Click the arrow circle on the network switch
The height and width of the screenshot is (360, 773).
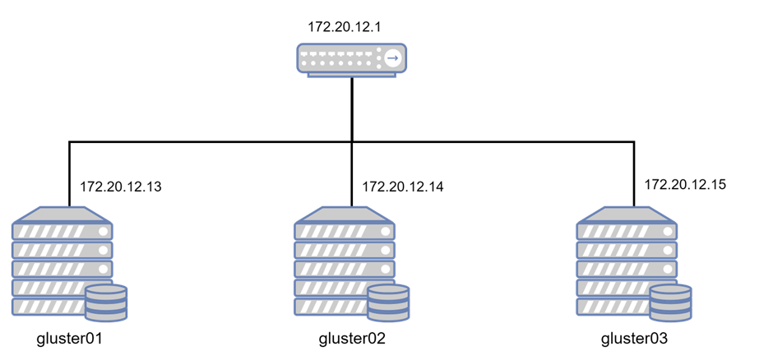[x=392, y=58]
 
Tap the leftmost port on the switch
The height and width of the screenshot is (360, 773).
[x=303, y=55]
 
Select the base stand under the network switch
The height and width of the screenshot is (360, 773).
[x=351, y=76]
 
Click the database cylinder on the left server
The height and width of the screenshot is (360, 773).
[x=106, y=303]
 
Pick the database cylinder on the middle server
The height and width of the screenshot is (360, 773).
[x=388, y=303]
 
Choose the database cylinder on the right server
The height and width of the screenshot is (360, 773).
[x=670, y=303]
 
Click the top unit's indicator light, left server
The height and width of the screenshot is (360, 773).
[x=104, y=232]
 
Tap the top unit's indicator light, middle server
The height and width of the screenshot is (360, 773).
[x=386, y=232]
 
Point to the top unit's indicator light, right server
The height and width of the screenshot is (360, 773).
[x=668, y=232]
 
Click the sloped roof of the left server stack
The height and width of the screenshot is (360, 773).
[x=62, y=215]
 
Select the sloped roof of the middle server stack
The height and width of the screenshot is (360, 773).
[x=344, y=215]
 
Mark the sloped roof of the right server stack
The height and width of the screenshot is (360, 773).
[x=626, y=215]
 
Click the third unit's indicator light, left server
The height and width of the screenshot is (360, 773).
[x=104, y=269]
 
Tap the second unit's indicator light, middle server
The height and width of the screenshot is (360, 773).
[x=386, y=250]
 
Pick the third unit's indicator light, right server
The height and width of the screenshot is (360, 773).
[x=668, y=269]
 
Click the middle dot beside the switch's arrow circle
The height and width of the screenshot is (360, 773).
[x=378, y=58]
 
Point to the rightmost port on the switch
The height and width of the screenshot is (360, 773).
[x=369, y=55]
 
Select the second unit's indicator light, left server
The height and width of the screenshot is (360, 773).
[x=104, y=250]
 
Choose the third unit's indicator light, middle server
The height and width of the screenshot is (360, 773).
[x=386, y=269]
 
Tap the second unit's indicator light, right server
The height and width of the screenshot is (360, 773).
[x=668, y=250]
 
